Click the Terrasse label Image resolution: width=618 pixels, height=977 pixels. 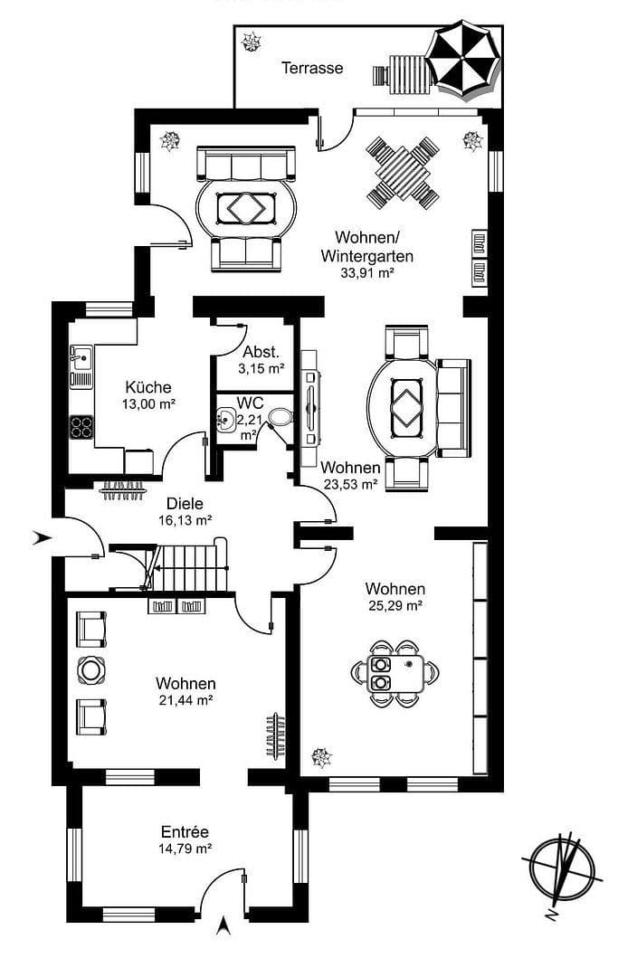[x=311, y=68]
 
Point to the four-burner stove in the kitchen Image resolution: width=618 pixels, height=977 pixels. [x=81, y=426]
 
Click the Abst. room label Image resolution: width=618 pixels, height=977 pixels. [x=261, y=352]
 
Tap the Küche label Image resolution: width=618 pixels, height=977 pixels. [x=148, y=387]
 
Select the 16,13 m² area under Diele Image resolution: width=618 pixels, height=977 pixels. [x=184, y=520]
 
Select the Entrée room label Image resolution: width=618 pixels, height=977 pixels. [x=185, y=831]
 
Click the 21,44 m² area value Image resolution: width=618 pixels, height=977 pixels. [x=185, y=700]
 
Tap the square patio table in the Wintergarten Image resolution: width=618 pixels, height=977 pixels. [x=403, y=172]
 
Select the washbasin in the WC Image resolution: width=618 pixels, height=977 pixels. [x=225, y=419]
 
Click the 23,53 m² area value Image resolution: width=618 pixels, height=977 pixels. [x=350, y=484]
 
